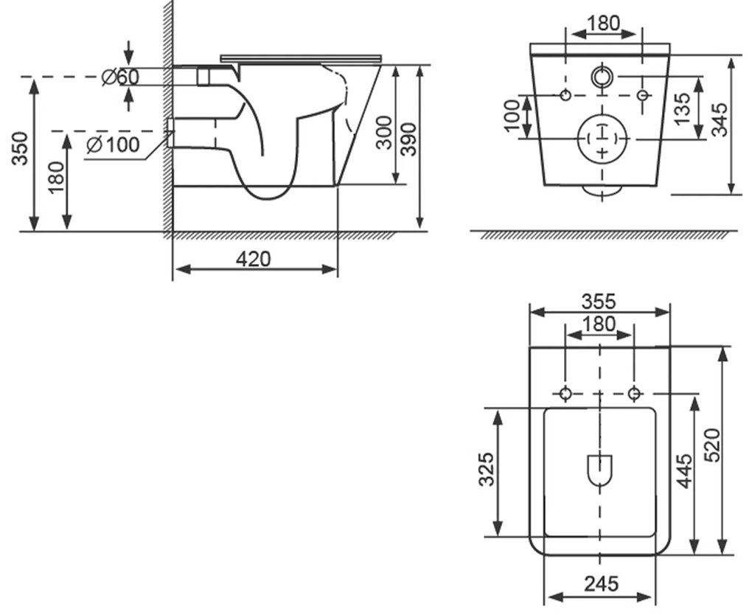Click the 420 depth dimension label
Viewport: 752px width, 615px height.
[x=254, y=259]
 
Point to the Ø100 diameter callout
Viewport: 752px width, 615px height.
[x=112, y=145]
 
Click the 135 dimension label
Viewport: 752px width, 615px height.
[x=683, y=108]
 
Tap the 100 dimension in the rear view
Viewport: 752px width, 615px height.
[x=512, y=116]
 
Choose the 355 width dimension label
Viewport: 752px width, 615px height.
[x=599, y=302]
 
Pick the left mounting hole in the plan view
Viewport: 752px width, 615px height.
[x=565, y=394]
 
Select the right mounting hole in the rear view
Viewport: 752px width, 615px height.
[x=641, y=95]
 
